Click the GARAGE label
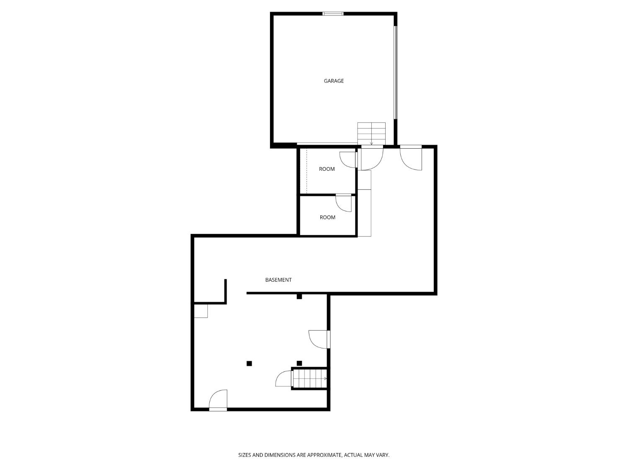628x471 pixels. [x=334, y=81]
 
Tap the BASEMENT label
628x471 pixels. [x=278, y=280]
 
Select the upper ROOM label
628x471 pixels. [x=327, y=169]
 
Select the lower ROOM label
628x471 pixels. [x=327, y=217]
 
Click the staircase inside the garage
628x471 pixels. [x=371, y=133]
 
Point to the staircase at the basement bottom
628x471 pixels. [x=310, y=378]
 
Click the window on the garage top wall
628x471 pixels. [x=333, y=14]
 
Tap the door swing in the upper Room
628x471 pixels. [x=347, y=160]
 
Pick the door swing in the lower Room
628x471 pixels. [x=344, y=203]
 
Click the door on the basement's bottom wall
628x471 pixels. [x=218, y=400]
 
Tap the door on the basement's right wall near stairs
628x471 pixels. [x=319, y=339]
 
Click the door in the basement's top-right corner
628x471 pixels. [x=411, y=158]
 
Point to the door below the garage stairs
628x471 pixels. [x=372, y=158]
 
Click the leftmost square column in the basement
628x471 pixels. [x=249, y=363]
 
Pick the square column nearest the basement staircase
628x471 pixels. [x=299, y=363]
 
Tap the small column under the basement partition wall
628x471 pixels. [x=299, y=297]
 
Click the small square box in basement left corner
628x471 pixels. [x=201, y=311]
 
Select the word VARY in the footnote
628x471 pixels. [x=382, y=455]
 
